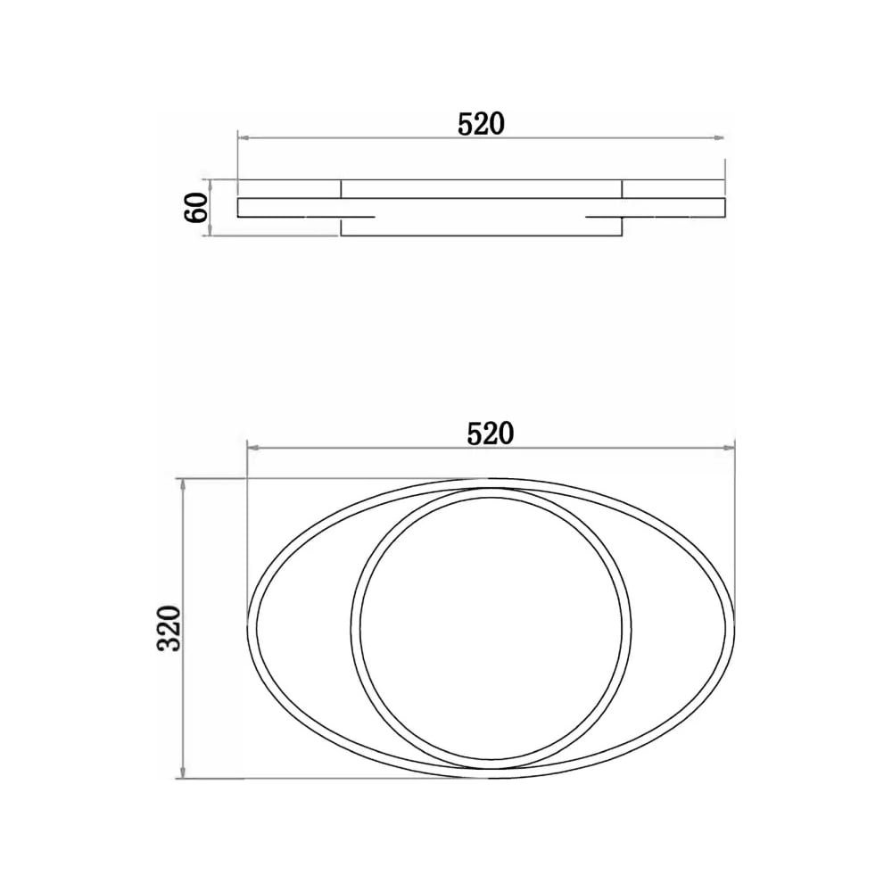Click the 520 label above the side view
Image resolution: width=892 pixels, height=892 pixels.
click(481, 124)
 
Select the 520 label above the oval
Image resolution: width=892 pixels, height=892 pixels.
click(491, 434)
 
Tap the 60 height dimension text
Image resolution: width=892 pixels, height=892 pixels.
click(195, 208)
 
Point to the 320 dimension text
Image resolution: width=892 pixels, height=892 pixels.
click(169, 628)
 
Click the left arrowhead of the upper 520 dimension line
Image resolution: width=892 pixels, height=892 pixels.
click(243, 137)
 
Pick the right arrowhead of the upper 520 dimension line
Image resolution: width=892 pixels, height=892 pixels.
click(720, 137)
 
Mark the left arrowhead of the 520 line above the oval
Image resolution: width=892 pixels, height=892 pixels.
click(252, 449)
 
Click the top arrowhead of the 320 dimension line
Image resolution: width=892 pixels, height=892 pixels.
click(183, 484)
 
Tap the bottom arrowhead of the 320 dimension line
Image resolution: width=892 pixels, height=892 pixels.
click(183, 772)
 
